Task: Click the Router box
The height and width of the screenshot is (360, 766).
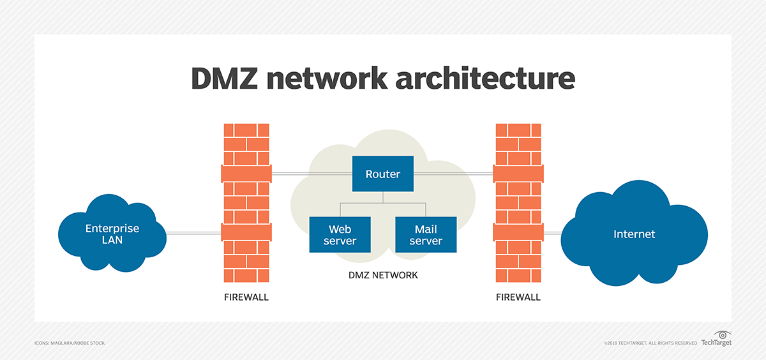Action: (382, 174)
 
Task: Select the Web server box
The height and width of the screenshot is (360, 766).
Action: (340, 234)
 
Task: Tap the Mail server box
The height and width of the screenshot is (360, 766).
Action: (426, 234)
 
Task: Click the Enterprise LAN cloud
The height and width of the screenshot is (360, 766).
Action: (112, 234)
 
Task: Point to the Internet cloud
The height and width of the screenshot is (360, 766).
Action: (634, 234)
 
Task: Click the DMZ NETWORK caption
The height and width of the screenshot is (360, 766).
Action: (383, 275)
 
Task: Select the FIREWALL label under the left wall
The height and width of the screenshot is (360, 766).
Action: (246, 297)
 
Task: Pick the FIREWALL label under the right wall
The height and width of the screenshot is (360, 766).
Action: (518, 297)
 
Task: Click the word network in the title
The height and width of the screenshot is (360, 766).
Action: (333, 78)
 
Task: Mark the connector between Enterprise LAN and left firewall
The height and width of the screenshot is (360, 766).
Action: (193, 233)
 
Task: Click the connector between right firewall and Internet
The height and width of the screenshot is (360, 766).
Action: (553, 233)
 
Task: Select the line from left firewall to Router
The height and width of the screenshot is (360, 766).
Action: (312, 173)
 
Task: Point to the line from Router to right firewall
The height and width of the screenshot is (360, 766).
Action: (453, 173)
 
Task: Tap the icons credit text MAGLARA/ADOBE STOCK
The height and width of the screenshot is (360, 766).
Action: (70, 343)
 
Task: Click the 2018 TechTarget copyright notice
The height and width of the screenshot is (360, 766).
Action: (650, 343)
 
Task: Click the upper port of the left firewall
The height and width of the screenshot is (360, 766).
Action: (246, 173)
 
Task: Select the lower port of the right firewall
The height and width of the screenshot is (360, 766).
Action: (518, 232)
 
